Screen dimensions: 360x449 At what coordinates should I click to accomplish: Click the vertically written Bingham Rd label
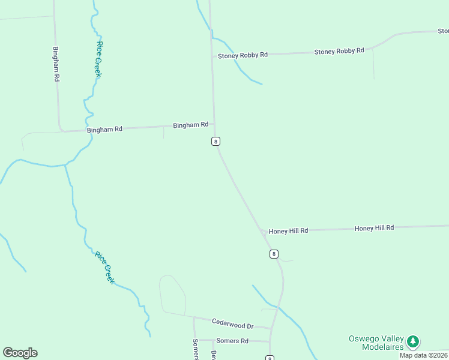[x=56, y=64]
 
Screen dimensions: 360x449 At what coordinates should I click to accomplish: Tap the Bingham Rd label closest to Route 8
[x=190, y=125]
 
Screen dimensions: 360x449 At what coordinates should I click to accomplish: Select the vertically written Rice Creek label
[x=98, y=58]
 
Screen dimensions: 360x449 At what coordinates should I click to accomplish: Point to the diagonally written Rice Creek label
[x=104, y=267]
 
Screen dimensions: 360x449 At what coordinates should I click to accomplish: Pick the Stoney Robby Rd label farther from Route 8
[x=339, y=51]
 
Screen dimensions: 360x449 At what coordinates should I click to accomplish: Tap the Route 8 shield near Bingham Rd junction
[x=215, y=141]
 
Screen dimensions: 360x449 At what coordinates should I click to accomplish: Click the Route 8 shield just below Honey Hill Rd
[x=274, y=254]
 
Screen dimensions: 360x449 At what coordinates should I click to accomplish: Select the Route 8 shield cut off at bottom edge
[x=270, y=358]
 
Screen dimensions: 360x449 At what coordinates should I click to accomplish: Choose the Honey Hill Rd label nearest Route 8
[x=288, y=231]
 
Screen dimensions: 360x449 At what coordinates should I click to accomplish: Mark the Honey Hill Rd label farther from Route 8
[x=374, y=228]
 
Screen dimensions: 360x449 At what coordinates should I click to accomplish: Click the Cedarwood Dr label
[x=232, y=324]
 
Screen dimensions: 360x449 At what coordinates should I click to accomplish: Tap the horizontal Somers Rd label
[x=232, y=341]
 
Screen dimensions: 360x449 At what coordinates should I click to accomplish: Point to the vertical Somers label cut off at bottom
[x=195, y=349]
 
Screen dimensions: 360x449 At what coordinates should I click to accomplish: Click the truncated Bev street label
[x=213, y=355]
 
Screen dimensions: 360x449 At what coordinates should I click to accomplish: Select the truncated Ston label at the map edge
[x=443, y=31]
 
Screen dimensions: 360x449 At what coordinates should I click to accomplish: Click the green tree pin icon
[x=412, y=341]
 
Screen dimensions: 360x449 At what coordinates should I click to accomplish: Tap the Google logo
[x=20, y=353]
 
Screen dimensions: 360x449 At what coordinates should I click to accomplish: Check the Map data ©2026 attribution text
[x=423, y=355]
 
